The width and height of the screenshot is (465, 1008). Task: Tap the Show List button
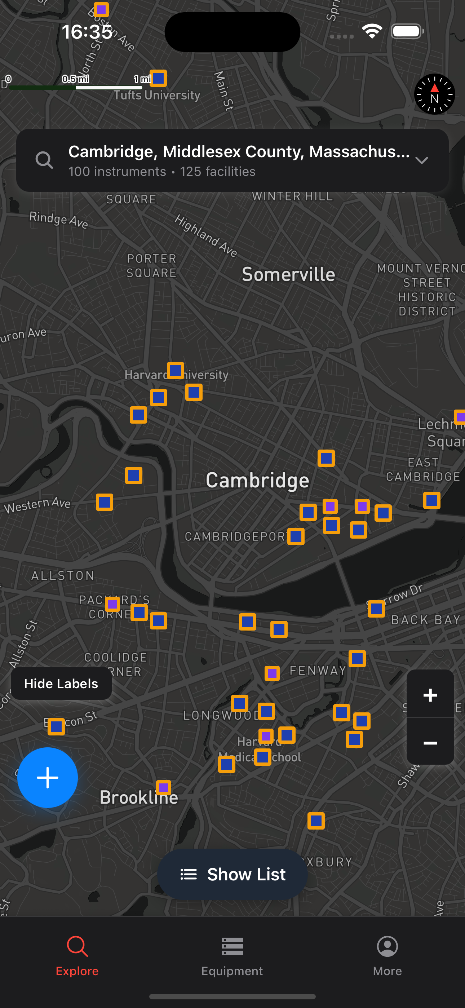click(x=232, y=874)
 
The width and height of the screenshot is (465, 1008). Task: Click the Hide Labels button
click(x=61, y=683)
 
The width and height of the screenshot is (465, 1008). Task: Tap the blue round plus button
click(x=47, y=777)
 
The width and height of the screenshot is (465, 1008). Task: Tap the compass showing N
click(x=434, y=94)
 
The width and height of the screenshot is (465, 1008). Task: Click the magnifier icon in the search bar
click(x=44, y=160)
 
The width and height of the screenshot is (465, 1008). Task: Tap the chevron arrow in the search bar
click(x=421, y=160)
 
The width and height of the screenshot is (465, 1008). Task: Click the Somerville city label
click(x=288, y=274)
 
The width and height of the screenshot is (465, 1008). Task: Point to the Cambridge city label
click(x=257, y=480)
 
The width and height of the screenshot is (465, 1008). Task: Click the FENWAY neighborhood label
click(x=318, y=670)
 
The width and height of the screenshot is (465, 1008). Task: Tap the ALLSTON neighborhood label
click(x=63, y=576)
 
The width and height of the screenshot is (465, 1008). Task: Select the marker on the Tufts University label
click(x=159, y=78)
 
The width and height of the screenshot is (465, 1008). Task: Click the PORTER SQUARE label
click(x=151, y=266)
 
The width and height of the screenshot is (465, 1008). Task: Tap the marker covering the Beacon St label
click(x=56, y=727)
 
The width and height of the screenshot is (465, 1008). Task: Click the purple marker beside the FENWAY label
click(x=272, y=673)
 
